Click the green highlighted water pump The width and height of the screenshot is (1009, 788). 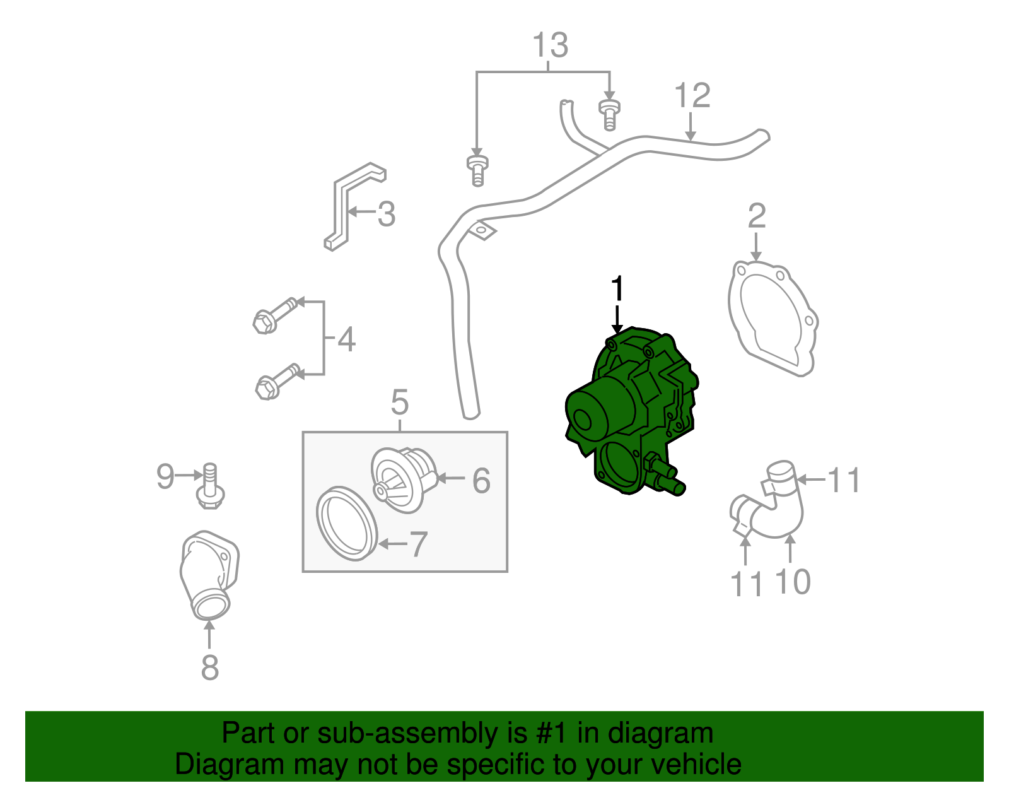pyautogui.click(x=631, y=410)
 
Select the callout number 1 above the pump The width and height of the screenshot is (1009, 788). pyautogui.click(x=617, y=290)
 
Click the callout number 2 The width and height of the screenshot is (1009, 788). pyautogui.click(x=756, y=216)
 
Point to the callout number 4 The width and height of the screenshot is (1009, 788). pyautogui.click(x=346, y=339)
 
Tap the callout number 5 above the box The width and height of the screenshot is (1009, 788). pyautogui.click(x=400, y=402)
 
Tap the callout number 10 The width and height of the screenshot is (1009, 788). pyautogui.click(x=791, y=582)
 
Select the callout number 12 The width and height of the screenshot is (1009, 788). pyautogui.click(x=692, y=96)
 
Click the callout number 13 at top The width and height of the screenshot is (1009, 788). pyautogui.click(x=550, y=45)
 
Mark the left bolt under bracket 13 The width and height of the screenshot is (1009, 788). pyautogui.click(x=477, y=170)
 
